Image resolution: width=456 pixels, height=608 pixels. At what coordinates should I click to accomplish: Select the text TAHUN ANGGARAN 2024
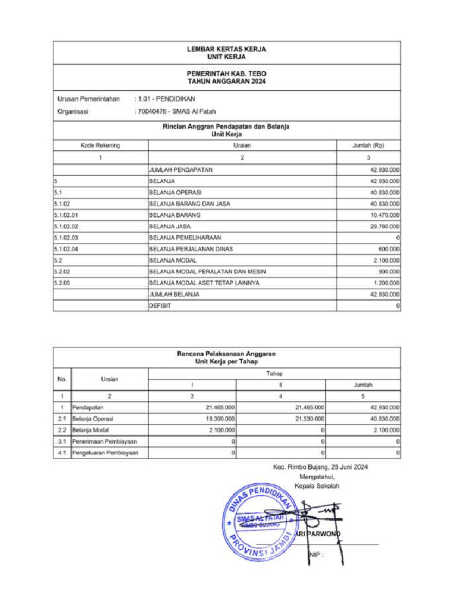[227, 81]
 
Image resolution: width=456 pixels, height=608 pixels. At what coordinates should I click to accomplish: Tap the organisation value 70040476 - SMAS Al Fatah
[175, 112]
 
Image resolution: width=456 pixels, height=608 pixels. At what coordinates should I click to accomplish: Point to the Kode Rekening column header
[100, 145]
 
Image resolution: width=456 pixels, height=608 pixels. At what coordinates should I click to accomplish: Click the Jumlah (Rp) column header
[369, 145]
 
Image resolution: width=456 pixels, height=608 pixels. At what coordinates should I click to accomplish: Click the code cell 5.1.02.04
[66, 249]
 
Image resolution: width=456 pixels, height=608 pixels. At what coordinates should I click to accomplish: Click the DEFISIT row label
[160, 306]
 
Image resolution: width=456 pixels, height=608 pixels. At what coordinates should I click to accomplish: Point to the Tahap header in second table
[274, 373]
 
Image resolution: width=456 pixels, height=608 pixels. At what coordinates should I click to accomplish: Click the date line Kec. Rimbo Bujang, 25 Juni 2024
[320, 467]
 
